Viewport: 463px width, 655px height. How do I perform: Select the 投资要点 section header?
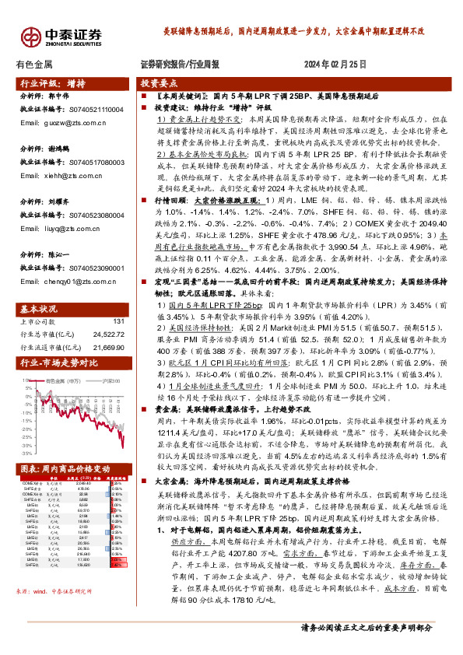[x=159, y=83]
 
